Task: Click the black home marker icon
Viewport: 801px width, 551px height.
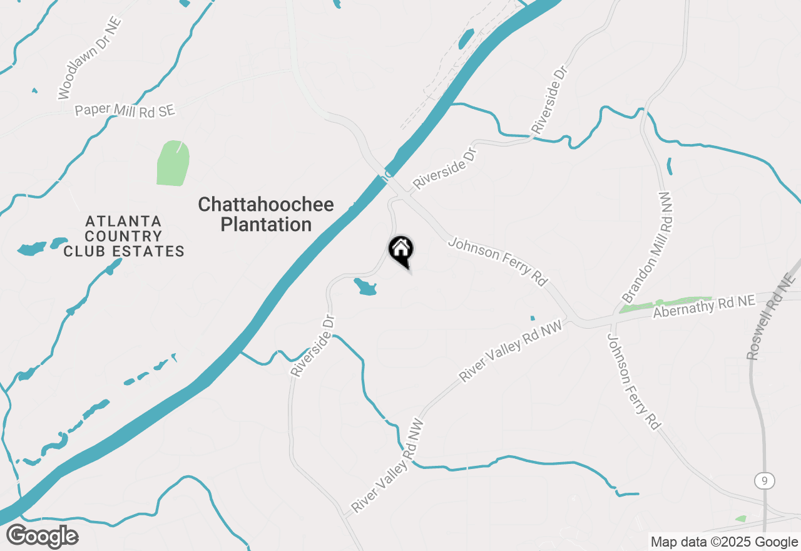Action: click(x=401, y=250)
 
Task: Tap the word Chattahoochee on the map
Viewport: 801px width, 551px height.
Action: click(x=266, y=205)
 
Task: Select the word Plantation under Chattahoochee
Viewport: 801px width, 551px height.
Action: click(x=266, y=225)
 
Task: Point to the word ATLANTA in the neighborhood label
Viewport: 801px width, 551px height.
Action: click(x=124, y=221)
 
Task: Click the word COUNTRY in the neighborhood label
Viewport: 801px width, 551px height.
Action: click(x=124, y=237)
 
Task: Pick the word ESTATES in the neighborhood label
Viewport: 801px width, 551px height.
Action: click(x=148, y=252)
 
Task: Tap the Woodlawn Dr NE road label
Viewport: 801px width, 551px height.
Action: click(x=89, y=58)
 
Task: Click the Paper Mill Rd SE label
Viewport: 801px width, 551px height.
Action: click(x=125, y=110)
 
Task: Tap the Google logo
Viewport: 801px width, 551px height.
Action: click(x=42, y=536)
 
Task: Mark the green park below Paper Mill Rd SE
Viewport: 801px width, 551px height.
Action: click(x=172, y=163)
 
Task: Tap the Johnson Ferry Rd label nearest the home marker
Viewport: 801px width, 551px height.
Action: click(x=498, y=261)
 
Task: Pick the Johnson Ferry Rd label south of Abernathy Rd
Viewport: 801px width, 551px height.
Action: click(x=633, y=381)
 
